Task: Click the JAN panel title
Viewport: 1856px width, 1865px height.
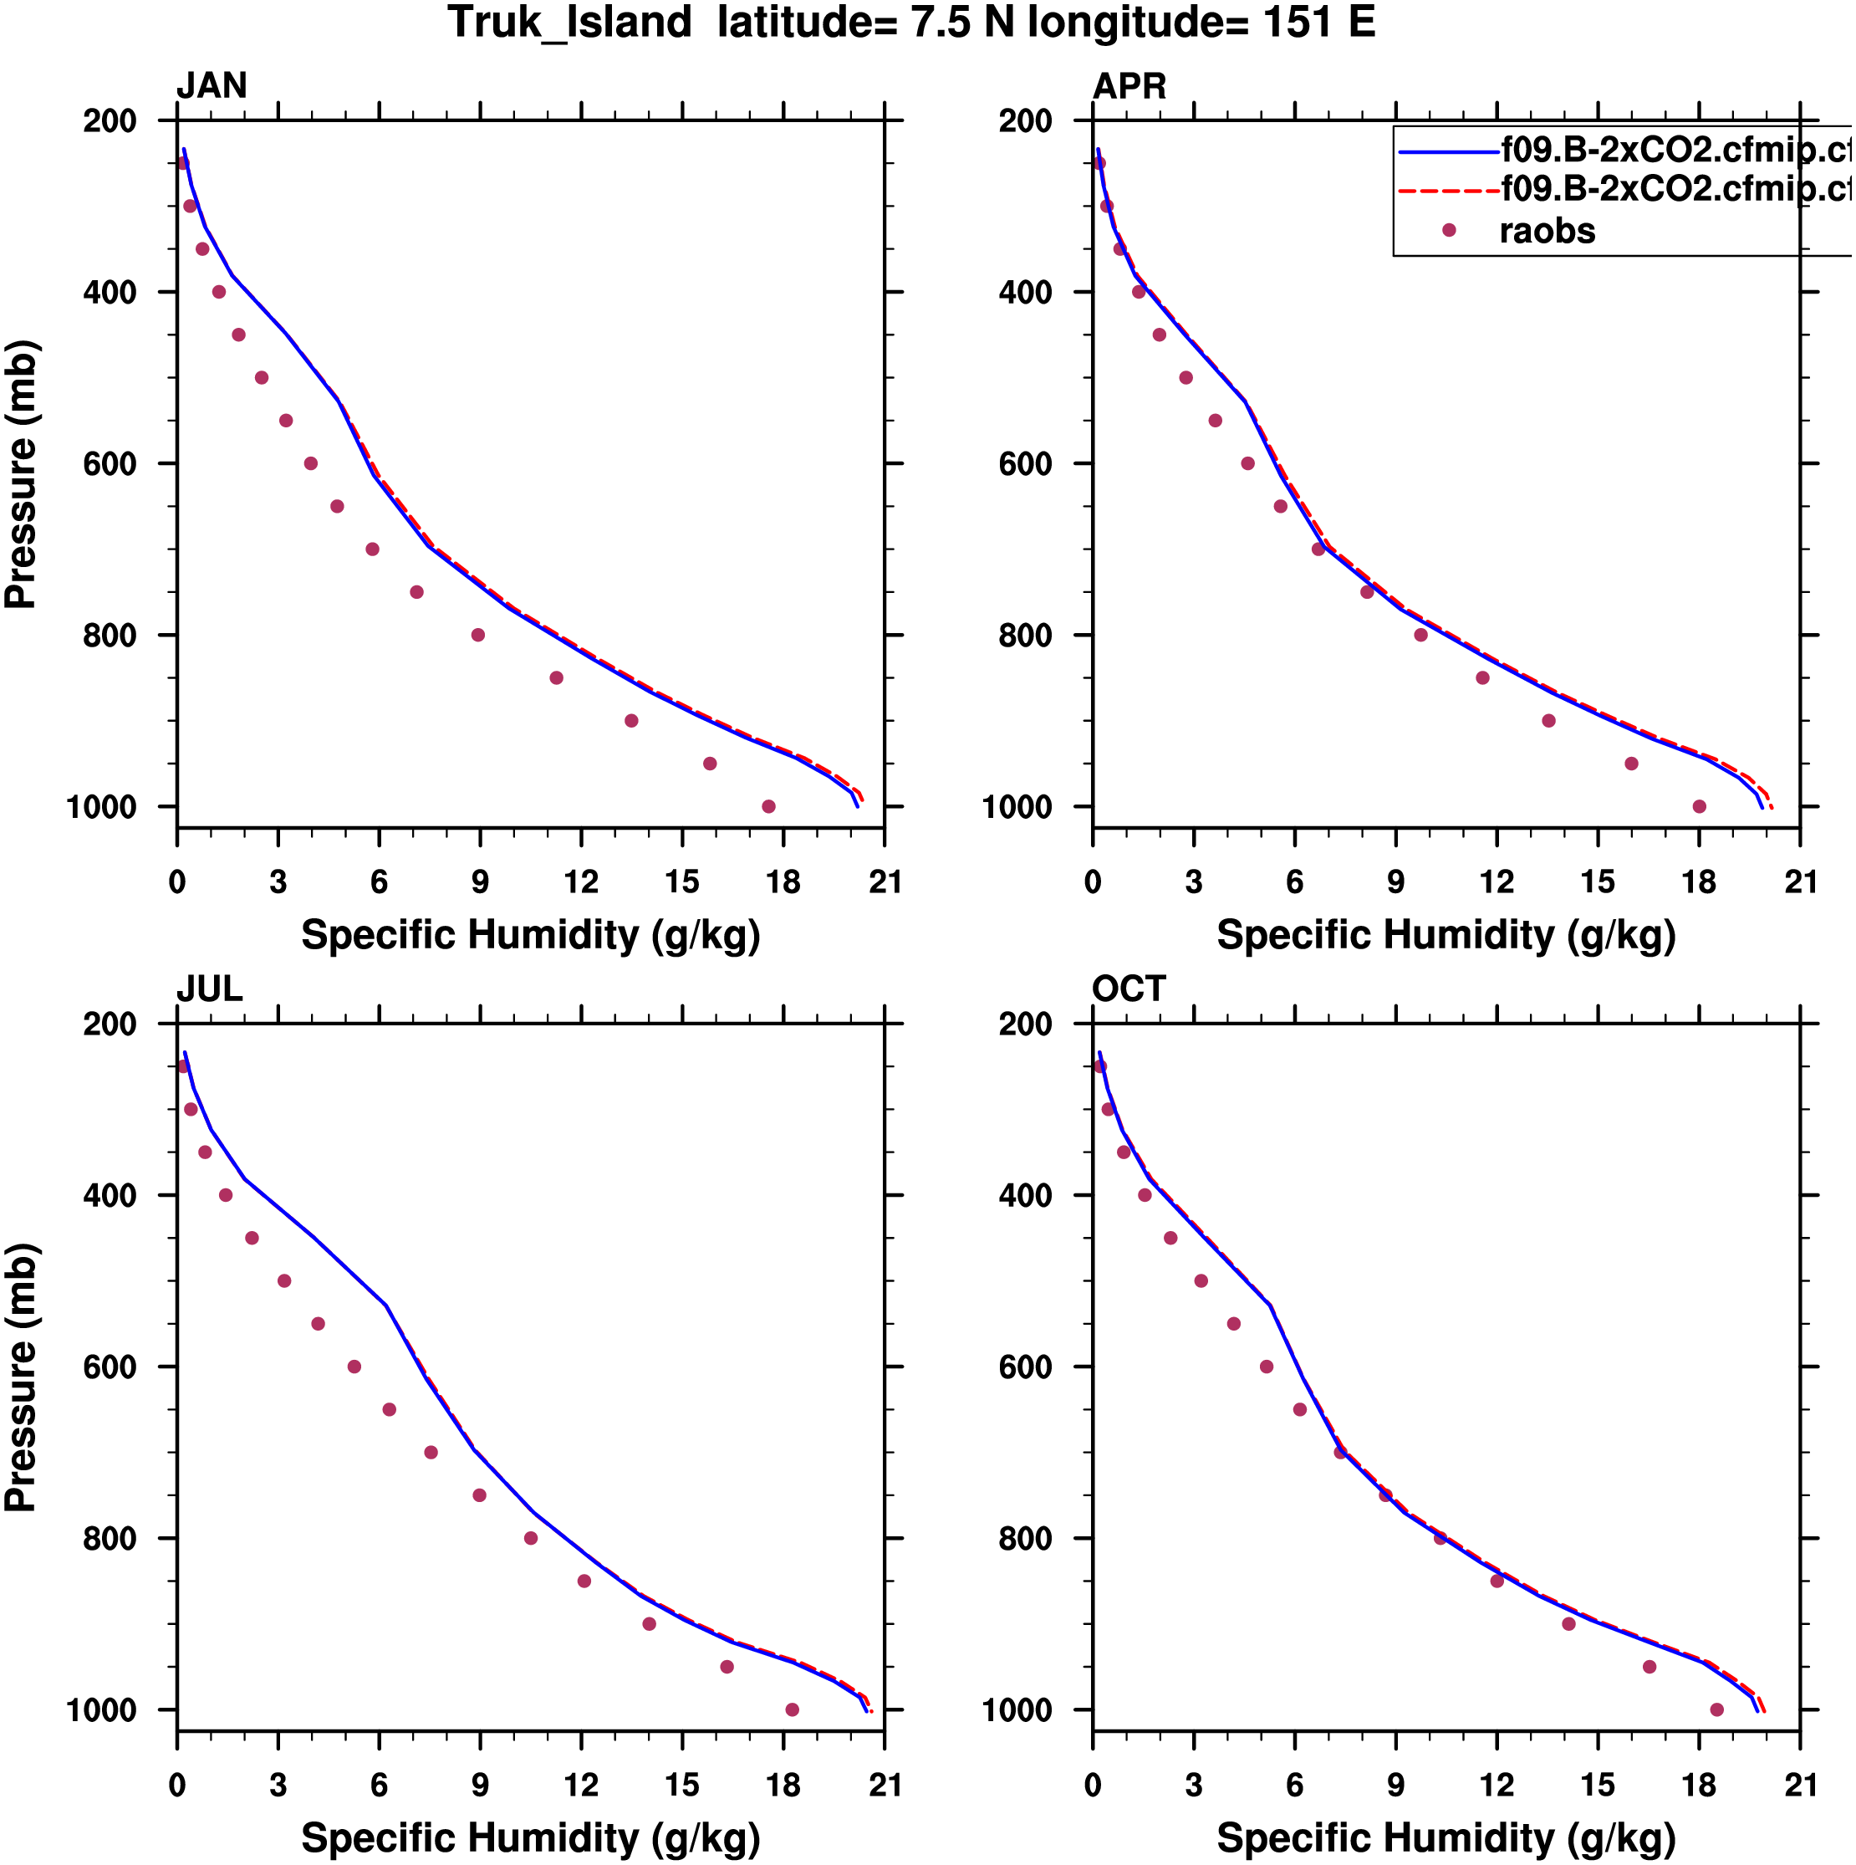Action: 212,86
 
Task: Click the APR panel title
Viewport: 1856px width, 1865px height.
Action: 1129,86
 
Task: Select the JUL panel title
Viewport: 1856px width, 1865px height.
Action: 210,989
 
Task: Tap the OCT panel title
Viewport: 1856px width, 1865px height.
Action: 1129,989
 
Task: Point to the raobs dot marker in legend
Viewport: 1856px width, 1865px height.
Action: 1449,230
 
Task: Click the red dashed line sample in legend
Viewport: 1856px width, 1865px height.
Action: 1448,192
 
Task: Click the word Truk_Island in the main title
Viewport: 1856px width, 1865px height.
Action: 569,23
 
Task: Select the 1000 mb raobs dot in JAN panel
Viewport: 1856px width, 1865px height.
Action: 768,806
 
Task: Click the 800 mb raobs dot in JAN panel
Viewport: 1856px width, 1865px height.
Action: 477,635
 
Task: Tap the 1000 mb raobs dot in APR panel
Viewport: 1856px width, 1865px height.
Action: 1700,806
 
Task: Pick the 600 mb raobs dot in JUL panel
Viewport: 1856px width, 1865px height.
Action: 354,1367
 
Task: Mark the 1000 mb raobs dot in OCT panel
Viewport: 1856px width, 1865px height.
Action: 1717,1709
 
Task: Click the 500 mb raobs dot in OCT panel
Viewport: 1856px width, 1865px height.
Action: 1201,1281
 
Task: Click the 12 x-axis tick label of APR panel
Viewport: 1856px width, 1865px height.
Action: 1497,882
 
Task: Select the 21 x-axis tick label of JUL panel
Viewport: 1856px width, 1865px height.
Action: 884,1786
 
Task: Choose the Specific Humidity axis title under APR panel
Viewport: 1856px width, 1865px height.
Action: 1446,935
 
